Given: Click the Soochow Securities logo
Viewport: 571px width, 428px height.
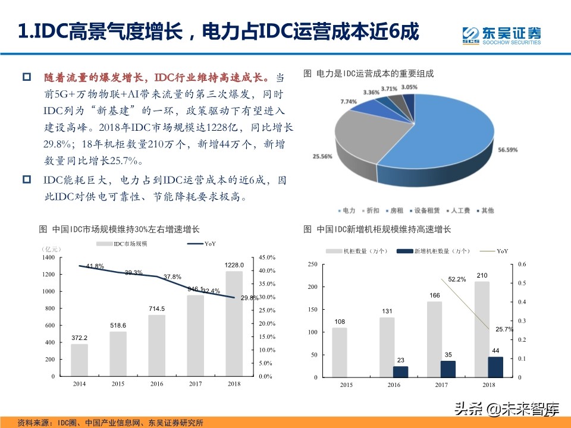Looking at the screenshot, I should pyautogui.click(x=501, y=34).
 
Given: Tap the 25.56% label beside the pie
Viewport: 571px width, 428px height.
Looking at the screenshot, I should pyautogui.click(x=322, y=156).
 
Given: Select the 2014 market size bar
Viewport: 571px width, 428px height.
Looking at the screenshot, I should pyautogui.click(x=79, y=360).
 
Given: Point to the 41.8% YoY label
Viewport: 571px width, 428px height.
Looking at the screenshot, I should pyautogui.click(x=95, y=266).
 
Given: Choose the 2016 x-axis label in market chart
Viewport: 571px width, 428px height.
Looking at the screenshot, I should pyautogui.click(x=156, y=384).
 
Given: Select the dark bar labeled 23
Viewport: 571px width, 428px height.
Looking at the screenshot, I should pyautogui.click(x=400, y=372).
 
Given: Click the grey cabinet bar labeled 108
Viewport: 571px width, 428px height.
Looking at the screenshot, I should pyautogui.click(x=339, y=353).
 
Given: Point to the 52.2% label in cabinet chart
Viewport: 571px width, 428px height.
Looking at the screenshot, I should pyautogui.click(x=457, y=279).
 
